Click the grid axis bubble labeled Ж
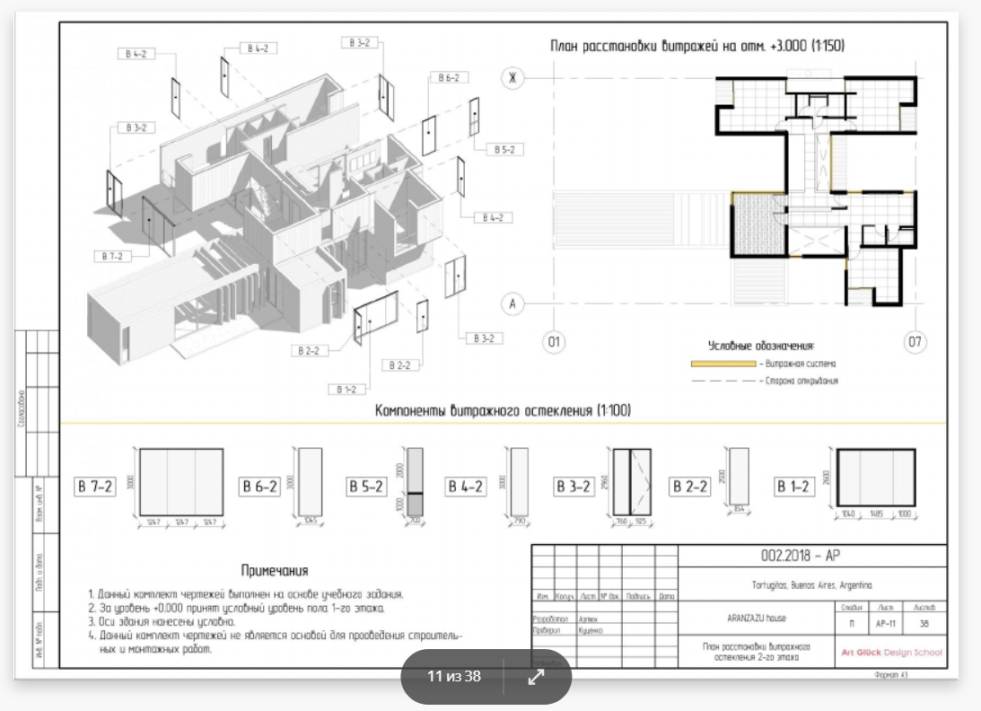pyautogui.click(x=513, y=78)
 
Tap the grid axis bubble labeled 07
pyautogui.click(x=915, y=342)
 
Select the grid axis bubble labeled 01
pyautogui.click(x=554, y=342)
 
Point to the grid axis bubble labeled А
pyautogui.click(x=513, y=304)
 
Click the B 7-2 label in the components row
pyautogui.click(x=94, y=487)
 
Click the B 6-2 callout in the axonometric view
pyautogui.click(x=449, y=78)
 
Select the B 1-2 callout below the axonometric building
pyautogui.click(x=346, y=390)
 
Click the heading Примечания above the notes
pyautogui.click(x=275, y=571)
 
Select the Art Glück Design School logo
pyautogui.click(x=890, y=652)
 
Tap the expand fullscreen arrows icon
pyautogui.click(x=536, y=677)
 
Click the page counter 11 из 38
pyautogui.click(x=454, y=677)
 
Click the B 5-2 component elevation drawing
pyautogui.click(x=414, y=482)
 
